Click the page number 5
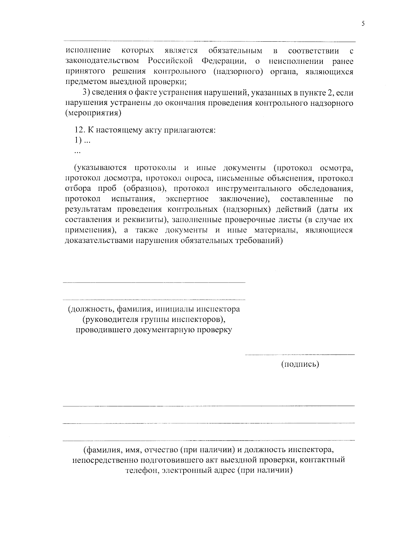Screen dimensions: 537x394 coord(363,23)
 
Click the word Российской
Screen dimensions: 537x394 coord(170,61)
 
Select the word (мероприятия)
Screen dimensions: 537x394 coord(93,113)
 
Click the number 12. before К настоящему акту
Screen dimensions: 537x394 coord(80,130)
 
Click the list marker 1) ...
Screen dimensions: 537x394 coord(78,140)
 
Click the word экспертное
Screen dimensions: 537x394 coord(187,199)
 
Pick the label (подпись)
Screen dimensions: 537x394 coord(300,364)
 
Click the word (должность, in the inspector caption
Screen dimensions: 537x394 coord(86,309)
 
